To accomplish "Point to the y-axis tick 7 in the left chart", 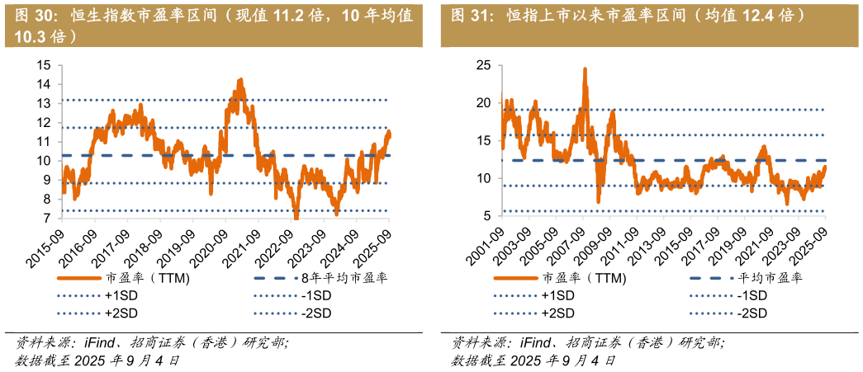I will [x=46, y=219].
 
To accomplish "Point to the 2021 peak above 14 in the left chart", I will [x=240, y=80].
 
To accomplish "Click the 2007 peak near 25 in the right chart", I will [x=585, y=69].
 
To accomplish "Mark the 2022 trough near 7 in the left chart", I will [x=296, y=217].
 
